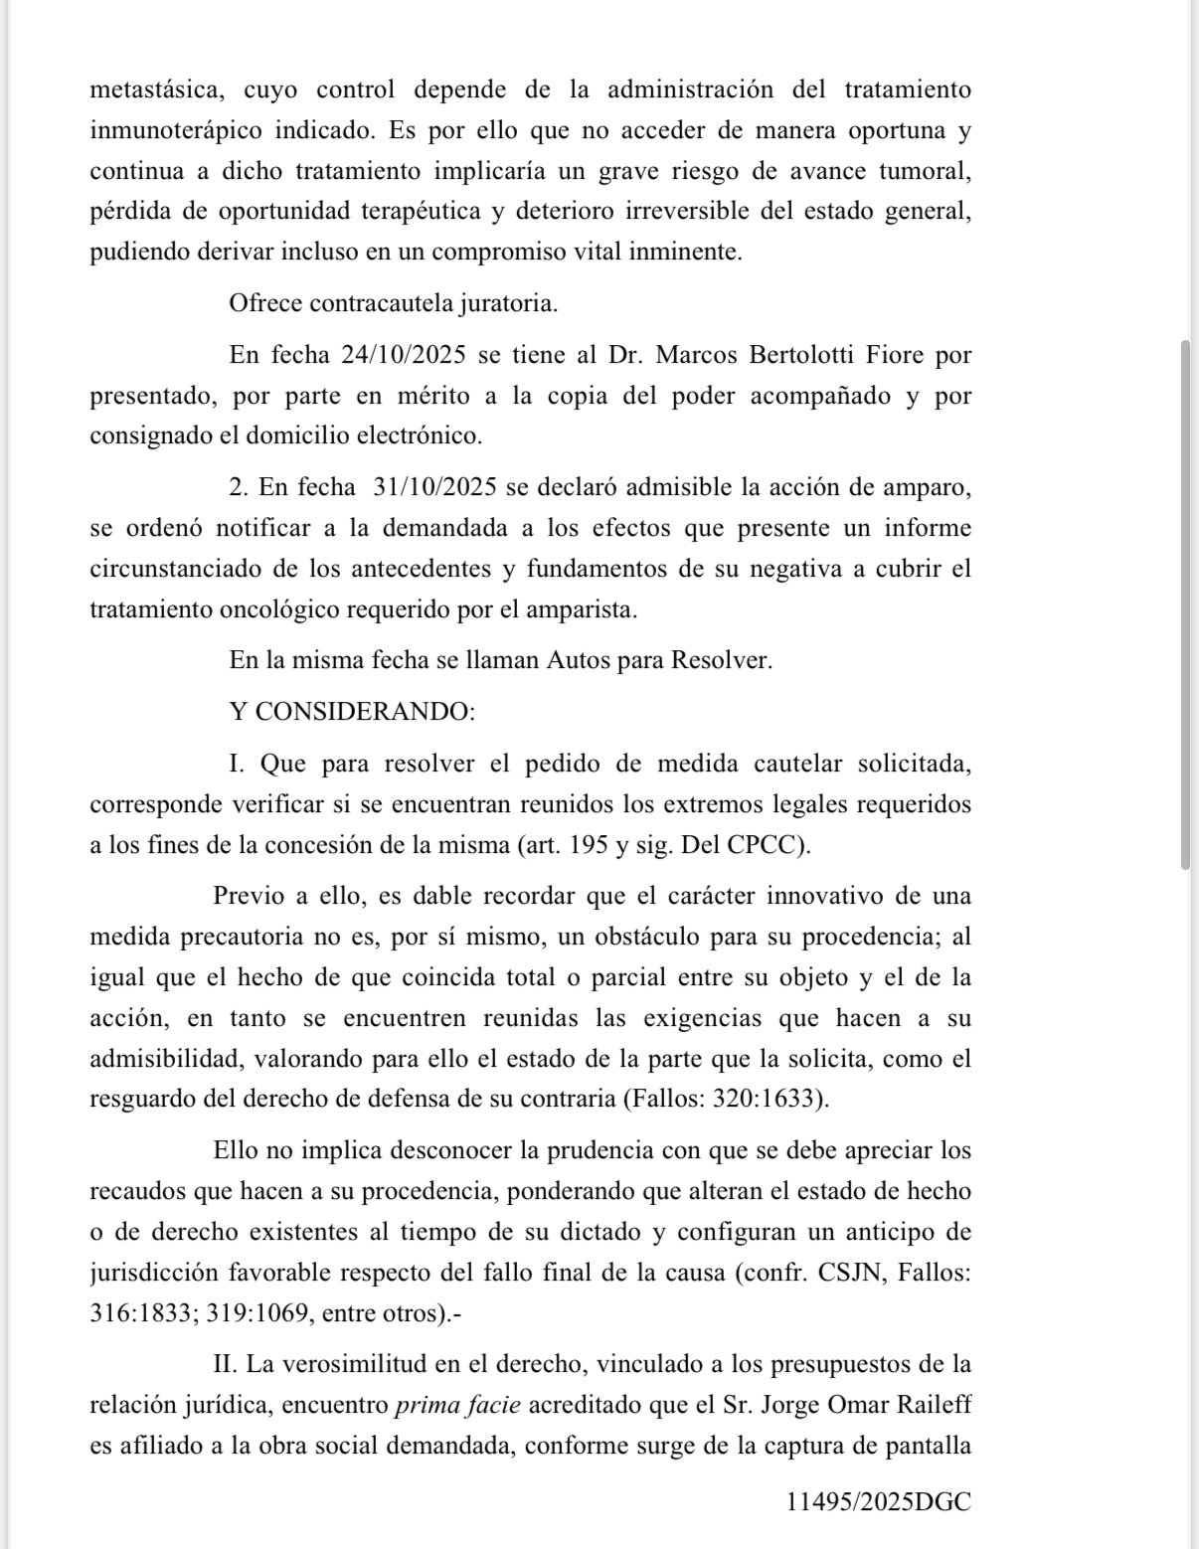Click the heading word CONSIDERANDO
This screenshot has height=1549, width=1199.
point(365,712)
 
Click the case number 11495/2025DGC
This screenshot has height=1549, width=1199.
point(878,1502)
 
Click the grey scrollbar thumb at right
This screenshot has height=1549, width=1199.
point(1185,604)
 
